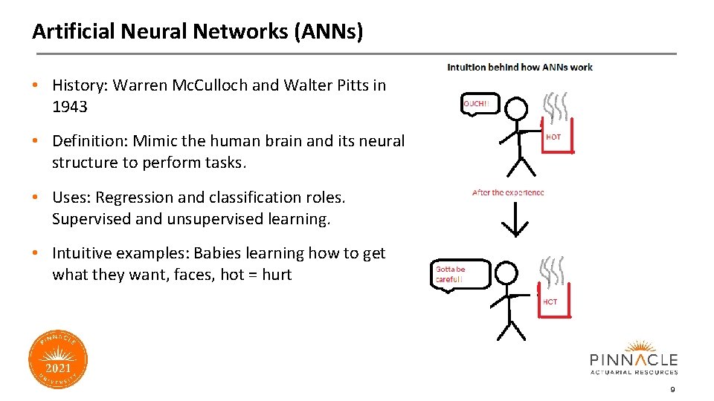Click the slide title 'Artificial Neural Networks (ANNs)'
[197, 31]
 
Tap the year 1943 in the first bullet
[70, 107]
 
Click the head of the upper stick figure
[516, 109]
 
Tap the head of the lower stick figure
[506, 274]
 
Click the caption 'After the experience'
[508, 192]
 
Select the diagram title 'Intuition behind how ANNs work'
[519, 67]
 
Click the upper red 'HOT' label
[553, 137]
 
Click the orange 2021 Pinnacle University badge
[58, 360]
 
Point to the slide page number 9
[672, 390]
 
